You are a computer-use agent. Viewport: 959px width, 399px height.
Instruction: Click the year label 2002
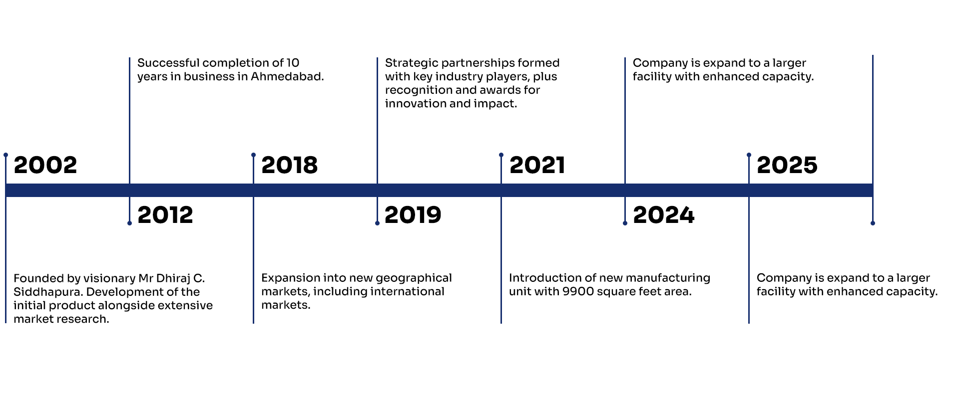pos(45,165)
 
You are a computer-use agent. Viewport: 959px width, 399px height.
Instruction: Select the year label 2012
pos(165,215)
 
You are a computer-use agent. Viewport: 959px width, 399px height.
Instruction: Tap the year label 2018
pos(290,165)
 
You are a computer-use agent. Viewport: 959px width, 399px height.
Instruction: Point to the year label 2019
pos(413,215)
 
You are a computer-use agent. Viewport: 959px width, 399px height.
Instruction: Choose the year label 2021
pos(537,165)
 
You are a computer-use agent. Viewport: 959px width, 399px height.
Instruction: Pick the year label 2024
pos(664,215)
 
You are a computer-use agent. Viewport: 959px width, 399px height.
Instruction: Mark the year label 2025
pos(787,165)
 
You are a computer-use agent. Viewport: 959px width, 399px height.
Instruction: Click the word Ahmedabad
pos(287,76)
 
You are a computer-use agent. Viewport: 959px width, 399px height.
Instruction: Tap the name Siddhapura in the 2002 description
pos(47,292)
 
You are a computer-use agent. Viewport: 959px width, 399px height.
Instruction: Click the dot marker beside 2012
pos(129,223)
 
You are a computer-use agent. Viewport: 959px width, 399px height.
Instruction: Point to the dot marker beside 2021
pos(501,155)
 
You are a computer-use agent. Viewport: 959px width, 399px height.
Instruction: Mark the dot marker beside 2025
pos(749,155)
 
